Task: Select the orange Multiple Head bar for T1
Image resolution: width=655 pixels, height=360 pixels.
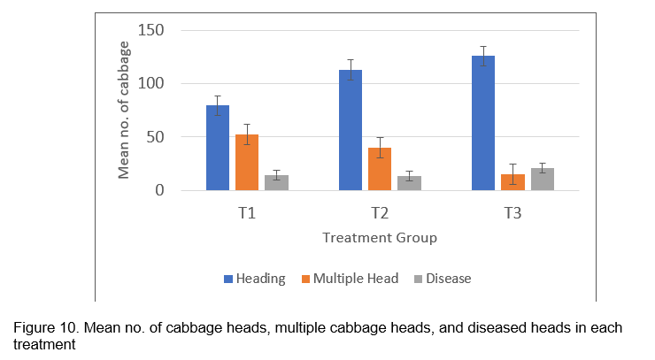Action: click(x=247, y=163)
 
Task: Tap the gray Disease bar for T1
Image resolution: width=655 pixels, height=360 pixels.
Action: click(x=276, y=183)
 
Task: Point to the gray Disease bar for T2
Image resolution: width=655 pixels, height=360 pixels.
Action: click(x=409, y=183)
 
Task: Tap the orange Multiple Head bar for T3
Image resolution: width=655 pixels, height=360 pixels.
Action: click(x=512, y=182)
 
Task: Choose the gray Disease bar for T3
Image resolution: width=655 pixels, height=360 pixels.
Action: click(x=542, y=180)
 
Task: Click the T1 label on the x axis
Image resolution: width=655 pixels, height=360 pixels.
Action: click(x=247, y=214)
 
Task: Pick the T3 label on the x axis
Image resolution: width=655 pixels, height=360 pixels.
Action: click(x=512, y=214)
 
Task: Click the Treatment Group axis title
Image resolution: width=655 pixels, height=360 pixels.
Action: click(x=380, y=238)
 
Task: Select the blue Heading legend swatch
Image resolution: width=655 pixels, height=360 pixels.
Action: click(x=228, y=279)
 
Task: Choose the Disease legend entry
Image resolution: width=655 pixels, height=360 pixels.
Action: click(x=448, y=279)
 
